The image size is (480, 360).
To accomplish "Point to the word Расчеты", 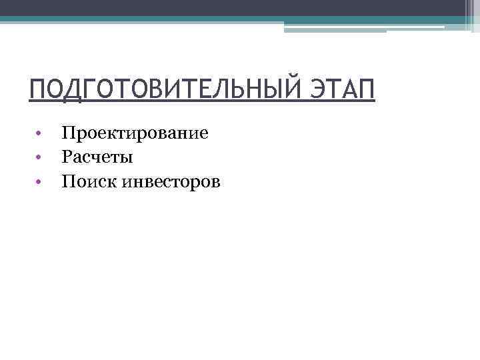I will (97, 157).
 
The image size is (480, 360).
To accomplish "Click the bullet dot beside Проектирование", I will (40, 134).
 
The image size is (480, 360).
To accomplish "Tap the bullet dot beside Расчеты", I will (40, 158).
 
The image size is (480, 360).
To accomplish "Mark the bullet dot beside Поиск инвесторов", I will (40, 181).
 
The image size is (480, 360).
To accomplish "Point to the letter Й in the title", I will (291, 90).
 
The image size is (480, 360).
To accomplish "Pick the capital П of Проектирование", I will (67, 133).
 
